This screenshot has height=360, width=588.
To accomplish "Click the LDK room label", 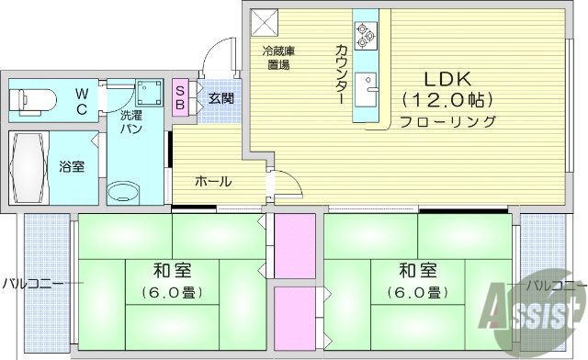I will pos(447,78).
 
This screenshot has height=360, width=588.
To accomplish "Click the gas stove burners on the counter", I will pos(364,34).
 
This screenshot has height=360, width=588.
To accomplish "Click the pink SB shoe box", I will pos(180,97).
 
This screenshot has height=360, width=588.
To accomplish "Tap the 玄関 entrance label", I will pos(220,97).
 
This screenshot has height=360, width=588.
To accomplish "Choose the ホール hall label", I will pos(212,181).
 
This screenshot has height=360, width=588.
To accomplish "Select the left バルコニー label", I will pos(33,283).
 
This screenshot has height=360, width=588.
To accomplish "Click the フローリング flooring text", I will pos(447,121).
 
